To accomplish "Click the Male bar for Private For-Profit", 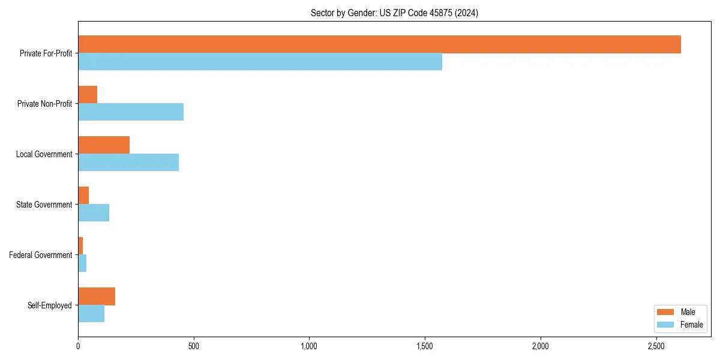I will tap(379, 44).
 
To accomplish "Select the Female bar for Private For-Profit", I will tap(260, 62).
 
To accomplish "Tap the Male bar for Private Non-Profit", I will tap(88, 95).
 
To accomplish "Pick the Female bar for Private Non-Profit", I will tap(131, 112).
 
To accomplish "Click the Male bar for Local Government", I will tap(104, 145).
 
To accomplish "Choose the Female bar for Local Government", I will tap(128, 163).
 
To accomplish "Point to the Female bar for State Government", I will tap(94, 213).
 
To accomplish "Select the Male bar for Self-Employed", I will tap(97, 296).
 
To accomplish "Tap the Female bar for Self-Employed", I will tap(91, 314).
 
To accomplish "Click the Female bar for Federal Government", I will tap(82, 263).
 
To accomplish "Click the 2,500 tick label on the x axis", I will tap(656, 346).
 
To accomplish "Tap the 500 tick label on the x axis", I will tap(193, 346).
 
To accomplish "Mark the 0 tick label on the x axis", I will tap(78, 346).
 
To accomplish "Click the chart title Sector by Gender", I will tap(394, 13).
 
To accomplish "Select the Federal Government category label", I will tap(41, 255).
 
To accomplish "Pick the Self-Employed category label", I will tap(50, 305).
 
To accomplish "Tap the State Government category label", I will tap(44, 205).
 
